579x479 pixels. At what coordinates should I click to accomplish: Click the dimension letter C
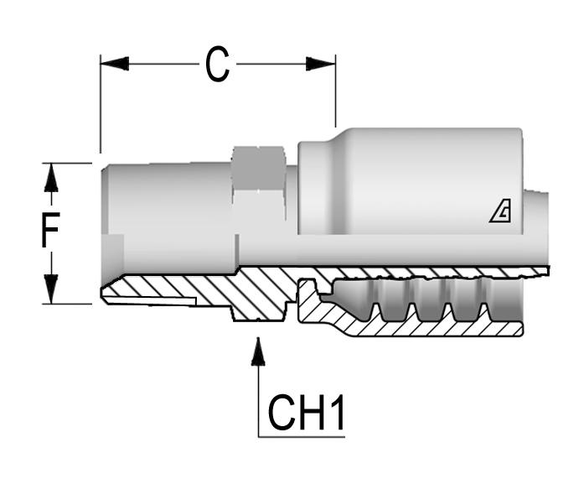tap(217, 65)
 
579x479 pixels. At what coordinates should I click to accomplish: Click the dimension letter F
tap(52, 233)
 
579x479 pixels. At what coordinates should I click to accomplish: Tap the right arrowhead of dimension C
tap(321, 64)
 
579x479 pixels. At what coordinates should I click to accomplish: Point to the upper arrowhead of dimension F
tap(51, 177)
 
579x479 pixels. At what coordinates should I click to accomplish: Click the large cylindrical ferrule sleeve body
tap(411, 185)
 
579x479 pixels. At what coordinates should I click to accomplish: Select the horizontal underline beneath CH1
tap(302, 435)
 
